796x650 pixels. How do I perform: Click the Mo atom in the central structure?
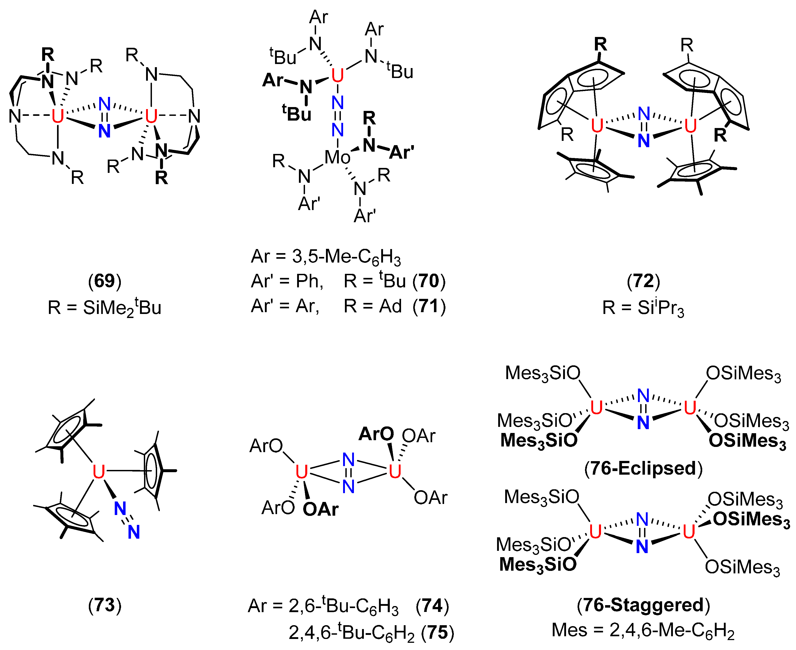coord(337,157)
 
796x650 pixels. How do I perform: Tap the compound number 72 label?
coord(643,281)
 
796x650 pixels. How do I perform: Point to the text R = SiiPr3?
coord(643,308)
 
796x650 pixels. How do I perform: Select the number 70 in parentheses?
coord(429,281)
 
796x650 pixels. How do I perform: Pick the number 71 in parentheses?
coord(429,306)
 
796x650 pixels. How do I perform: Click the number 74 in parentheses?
coord(432,606)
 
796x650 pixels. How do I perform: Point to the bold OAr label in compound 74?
coord(321,509)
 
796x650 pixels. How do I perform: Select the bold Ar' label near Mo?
coord(401,152)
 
